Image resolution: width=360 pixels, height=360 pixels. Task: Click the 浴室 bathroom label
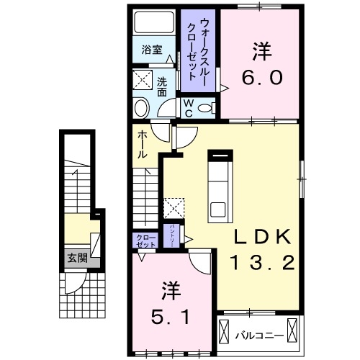[151, 50]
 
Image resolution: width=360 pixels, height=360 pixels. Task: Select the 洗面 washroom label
[162, 86]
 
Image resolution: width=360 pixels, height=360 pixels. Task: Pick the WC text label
[186, 108]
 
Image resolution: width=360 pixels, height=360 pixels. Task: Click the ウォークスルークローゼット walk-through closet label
[197, 45]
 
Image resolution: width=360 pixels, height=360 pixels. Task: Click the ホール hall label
[143, 144]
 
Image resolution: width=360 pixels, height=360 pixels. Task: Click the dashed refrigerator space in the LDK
[175, 208]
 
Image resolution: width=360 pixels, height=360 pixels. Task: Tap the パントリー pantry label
[174, 234]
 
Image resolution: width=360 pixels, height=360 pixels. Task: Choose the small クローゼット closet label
[143, 240]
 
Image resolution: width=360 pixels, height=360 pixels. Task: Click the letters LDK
[261, 238]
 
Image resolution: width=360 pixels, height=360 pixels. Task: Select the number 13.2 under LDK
[261, 264]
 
